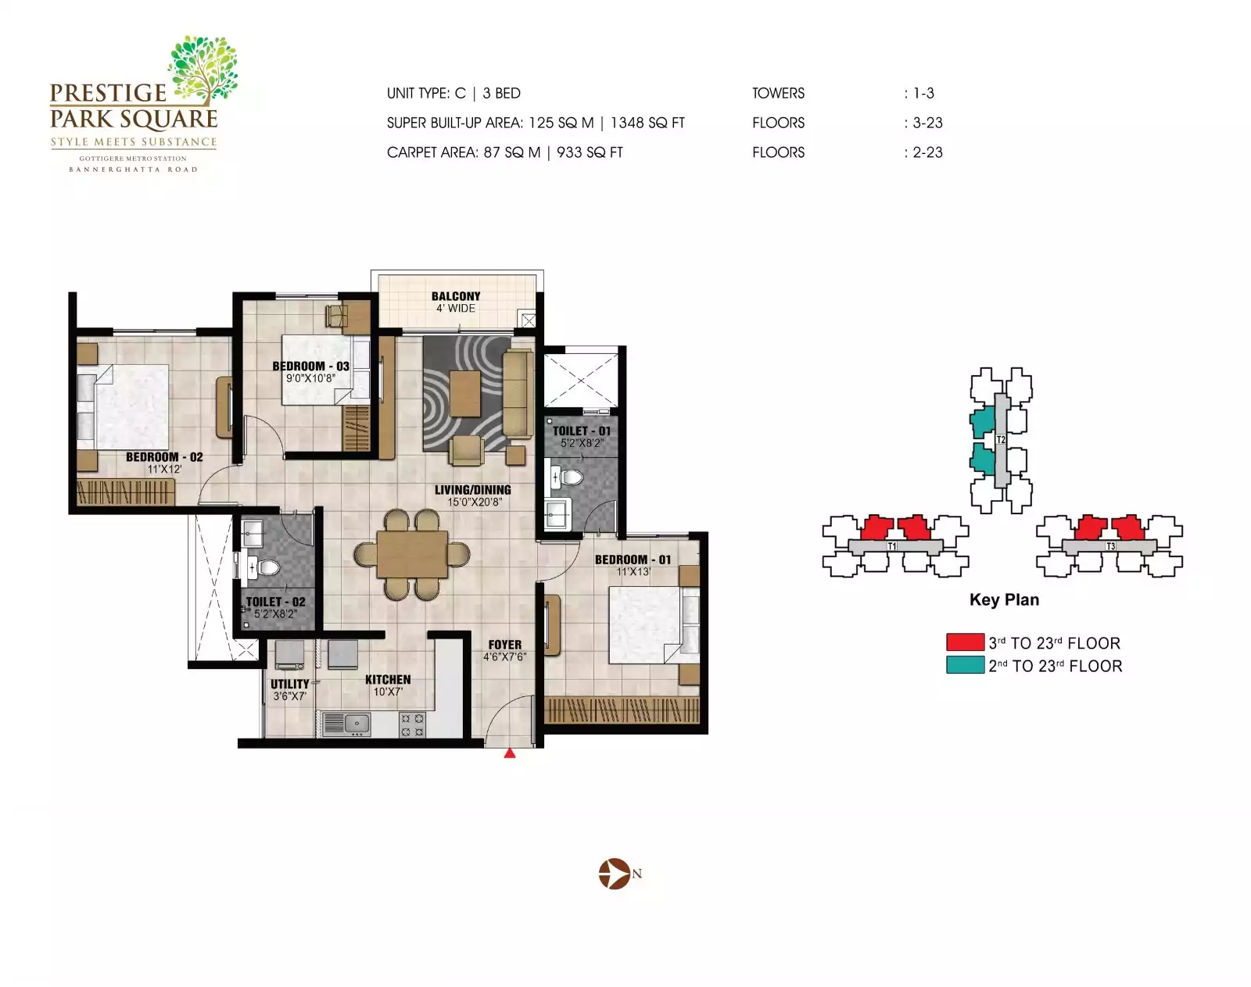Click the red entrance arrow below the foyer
(x=510, y=753)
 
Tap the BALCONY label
(x=456, y=296)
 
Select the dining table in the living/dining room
(x=412, y=554)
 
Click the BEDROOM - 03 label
(x=310, y=366)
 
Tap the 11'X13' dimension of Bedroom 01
(x=633, y=571)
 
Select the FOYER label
(x=504, y=645)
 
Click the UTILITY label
(x=290, y=684)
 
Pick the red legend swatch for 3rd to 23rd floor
(x=965, y=642)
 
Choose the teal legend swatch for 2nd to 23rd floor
(x=965, y=665)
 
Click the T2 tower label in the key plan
(x=1001, y=440)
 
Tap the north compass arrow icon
(x=615, y=874)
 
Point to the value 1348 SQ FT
(x=647, y=123)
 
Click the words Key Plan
(x=1004, y=599)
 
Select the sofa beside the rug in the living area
(x=517, y=393)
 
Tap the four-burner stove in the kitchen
(x=413, y=724)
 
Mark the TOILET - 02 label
(x=275, y=602)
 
